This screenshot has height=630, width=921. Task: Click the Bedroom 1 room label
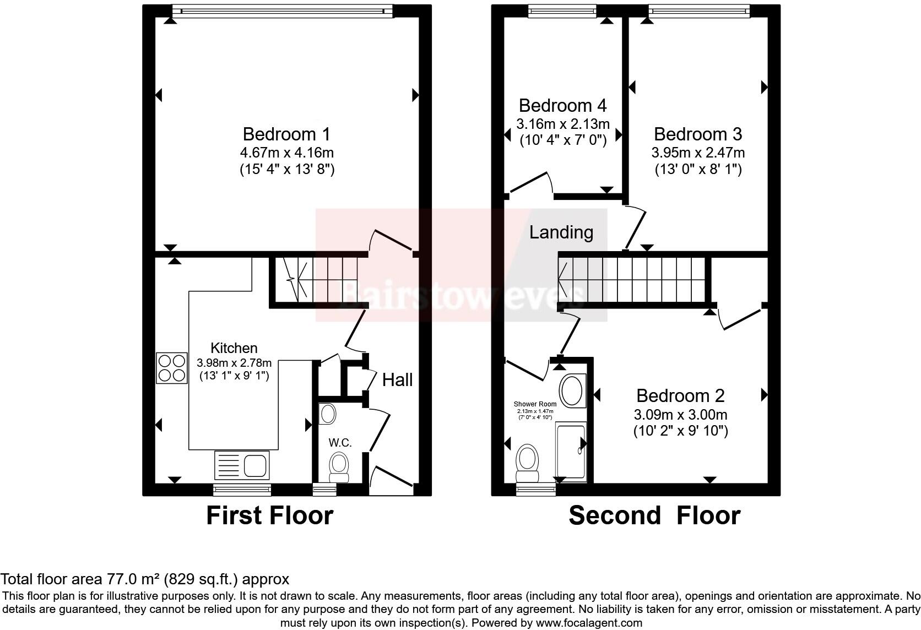pos(286,134)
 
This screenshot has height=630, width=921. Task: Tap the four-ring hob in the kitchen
pos(171,368)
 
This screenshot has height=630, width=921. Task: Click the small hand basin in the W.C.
pos(328,414)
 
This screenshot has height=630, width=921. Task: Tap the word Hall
pos(397,379)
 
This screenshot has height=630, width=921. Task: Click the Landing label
pos(561,232)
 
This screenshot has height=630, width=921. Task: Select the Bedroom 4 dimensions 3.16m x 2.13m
pos(562,123)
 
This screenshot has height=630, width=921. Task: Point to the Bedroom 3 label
pos(697,134)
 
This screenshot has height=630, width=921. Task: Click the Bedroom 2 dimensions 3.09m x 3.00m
pos(680,414)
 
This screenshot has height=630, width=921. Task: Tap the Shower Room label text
pos(535,404)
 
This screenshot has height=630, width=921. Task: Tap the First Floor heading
pos(269,515)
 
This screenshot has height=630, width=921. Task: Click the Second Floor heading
pos(654,515)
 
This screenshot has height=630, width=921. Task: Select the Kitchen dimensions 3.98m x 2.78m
pos(234,363)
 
